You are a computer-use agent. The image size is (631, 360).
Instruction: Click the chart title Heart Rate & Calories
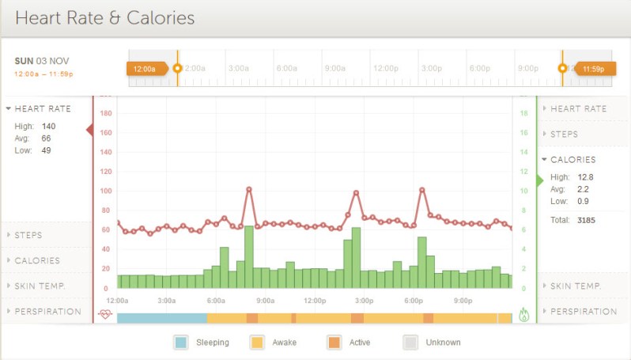point(104,17)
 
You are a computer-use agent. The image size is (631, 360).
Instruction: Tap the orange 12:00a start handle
point(145,69)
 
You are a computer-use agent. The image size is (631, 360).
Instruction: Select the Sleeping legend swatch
point(181,343)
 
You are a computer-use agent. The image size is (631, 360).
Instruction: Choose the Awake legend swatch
point(257,343)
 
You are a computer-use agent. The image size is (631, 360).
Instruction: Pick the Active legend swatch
point(333,343)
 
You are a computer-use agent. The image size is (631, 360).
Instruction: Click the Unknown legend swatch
point(410,343)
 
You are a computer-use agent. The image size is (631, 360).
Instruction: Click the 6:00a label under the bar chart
point(216,301)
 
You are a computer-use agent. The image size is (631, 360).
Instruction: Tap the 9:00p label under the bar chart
point(463,301)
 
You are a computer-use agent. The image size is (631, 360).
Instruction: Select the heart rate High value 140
point(48,126)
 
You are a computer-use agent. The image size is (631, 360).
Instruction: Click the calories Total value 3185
point(586,219)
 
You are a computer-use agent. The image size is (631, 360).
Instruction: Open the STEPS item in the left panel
point(28,235)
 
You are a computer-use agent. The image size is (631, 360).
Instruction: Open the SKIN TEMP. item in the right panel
point(576,286)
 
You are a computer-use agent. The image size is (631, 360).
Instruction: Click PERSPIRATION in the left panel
point(47,311)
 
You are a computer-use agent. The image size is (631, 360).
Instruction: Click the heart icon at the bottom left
point(105,314)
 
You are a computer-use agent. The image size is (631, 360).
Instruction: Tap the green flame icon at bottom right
point(523,315)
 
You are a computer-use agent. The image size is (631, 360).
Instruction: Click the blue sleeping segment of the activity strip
point(161,317)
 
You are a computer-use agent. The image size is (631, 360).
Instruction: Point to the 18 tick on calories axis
point(523,113)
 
